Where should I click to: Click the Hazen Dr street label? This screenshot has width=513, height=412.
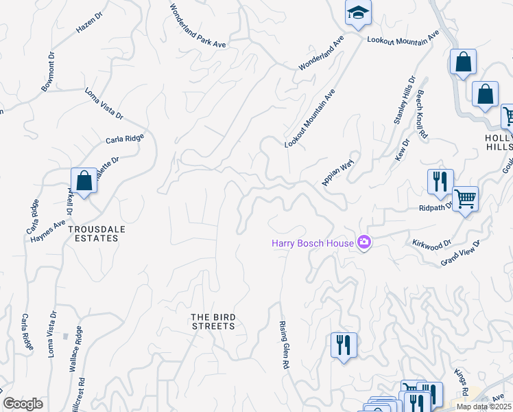(88, 26)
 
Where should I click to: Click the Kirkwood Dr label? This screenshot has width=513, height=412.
(431, 244)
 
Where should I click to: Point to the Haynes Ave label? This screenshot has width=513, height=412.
(47, 223)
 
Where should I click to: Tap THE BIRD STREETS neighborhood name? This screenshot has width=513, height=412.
(213, 321)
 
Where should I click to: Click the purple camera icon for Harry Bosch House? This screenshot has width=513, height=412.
(364, 242)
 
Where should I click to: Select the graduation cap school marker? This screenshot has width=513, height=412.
(357, 14)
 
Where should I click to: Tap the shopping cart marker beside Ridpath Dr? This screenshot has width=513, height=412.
(465, 199)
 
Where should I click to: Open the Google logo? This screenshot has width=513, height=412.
(23, 404)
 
